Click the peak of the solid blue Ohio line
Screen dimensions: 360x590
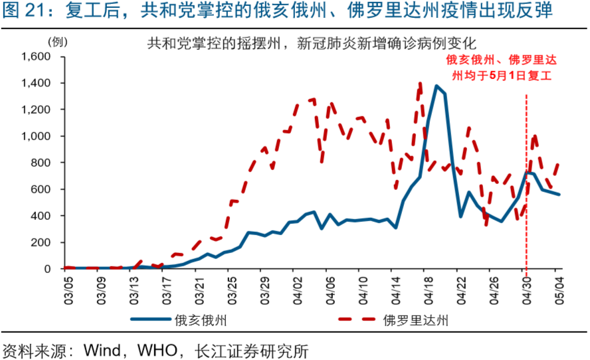coord(437,86)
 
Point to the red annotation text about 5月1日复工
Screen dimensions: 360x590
coord(502,68)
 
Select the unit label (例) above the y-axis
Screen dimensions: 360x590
coord(58,42)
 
